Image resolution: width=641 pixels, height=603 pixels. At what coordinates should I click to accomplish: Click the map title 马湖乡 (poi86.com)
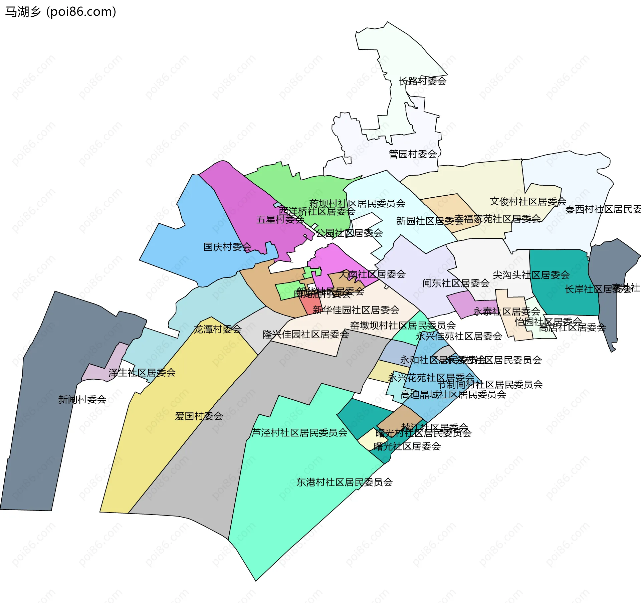[61, 12]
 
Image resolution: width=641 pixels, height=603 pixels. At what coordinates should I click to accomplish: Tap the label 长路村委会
[422, 81]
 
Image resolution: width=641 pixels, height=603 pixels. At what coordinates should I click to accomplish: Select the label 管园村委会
[413, 154]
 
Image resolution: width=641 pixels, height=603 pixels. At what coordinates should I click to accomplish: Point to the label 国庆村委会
[227, 247]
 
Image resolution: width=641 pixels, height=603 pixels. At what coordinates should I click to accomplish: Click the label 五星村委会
[280, 220]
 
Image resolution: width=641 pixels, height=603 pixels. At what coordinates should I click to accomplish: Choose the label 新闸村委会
[82, 399]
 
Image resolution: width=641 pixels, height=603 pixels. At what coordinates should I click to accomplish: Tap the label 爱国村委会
[199, 416]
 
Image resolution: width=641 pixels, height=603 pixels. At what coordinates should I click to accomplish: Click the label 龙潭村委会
[217, 329]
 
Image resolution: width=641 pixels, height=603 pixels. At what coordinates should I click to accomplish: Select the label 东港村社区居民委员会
[344, 482]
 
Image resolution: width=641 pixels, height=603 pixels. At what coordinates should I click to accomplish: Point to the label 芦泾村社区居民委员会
[299, 433]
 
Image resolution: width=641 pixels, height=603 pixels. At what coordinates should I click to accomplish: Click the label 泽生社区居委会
[142, 373]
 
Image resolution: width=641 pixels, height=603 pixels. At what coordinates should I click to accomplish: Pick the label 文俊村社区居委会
[528, 202]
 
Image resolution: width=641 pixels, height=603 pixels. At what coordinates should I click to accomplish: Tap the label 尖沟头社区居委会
[531, 275]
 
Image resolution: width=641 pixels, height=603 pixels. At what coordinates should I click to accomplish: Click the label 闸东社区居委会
[456, 283]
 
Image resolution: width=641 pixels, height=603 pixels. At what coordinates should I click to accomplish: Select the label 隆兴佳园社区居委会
[305, 334]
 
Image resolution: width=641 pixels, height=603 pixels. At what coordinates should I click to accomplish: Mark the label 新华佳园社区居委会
[356, 310]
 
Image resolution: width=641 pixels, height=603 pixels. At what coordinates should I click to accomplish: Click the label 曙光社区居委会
[407, 446]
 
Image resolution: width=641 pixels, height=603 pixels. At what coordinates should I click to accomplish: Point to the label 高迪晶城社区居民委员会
[453, 395]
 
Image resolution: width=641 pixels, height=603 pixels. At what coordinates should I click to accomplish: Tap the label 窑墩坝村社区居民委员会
[403, 325]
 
